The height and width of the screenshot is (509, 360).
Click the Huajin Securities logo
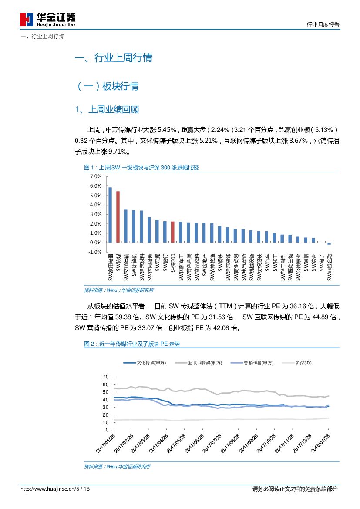[x=48, y=19]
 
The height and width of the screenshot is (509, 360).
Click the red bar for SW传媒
[x=118, y=216]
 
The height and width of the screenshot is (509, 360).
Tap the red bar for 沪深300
[x=173, y=232]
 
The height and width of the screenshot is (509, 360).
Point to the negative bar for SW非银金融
[x=329, y=243]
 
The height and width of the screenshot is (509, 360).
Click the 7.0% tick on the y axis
[x=95, y=176]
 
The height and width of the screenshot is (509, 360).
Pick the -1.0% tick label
[x=95, y=252]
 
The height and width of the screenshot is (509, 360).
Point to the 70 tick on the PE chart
[x=105, y=376]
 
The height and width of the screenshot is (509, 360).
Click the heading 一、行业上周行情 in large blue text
[x=114, y=58]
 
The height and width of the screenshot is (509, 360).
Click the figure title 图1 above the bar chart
[x=141, y=168]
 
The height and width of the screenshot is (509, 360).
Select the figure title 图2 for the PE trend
[x=131, y=344]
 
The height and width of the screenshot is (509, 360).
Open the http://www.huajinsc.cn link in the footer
[x=47, y=489]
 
